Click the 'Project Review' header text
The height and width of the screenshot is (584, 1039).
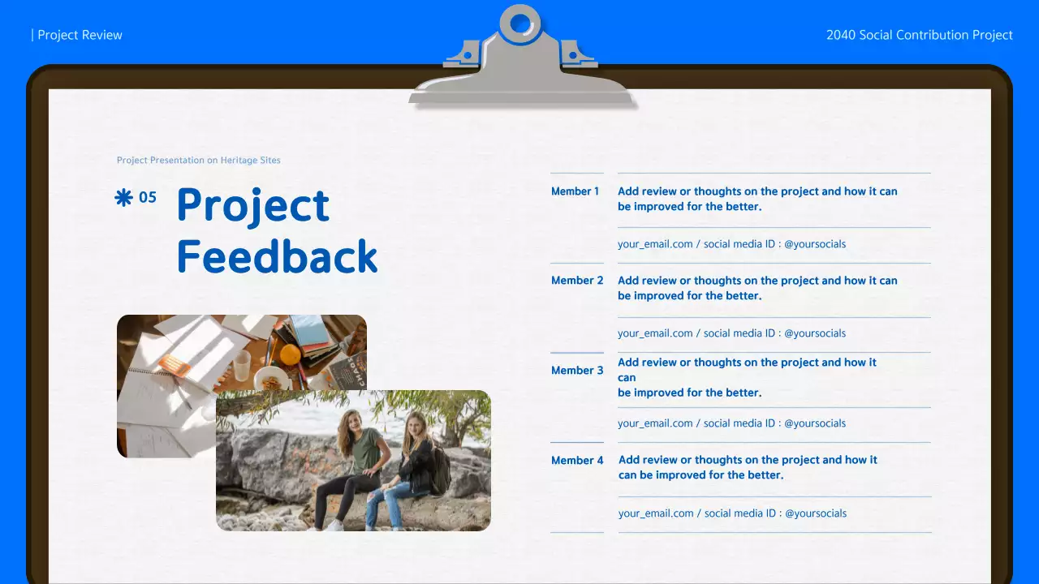click(80, 35)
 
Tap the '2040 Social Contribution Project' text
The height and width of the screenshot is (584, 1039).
click(920, 35)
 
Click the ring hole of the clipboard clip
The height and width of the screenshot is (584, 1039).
click(520, 23)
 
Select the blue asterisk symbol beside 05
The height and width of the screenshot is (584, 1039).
click(123, 198)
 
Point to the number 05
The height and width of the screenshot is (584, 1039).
click(148, 197)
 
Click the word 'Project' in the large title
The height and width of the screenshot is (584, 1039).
click(253, 206)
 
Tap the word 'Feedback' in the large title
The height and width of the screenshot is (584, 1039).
click(278, 256)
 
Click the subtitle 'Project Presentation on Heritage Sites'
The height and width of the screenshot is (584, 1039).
click(199, 160)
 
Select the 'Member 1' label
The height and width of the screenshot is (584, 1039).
click(576, 191)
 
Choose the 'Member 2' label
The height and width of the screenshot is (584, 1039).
click(577, 281)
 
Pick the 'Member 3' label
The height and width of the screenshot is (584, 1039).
click(577, 371)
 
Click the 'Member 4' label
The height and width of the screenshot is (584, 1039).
click(577, 460)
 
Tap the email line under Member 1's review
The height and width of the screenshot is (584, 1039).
click(731, 244)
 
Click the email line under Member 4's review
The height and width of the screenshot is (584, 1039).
click(732, 513)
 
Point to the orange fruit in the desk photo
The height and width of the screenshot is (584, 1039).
click(291, 354)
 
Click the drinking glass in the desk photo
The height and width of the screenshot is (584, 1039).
click(242, 366)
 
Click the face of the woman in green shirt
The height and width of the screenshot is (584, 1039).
click(352, 421)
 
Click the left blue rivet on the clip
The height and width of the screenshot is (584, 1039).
click(468, 56)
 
